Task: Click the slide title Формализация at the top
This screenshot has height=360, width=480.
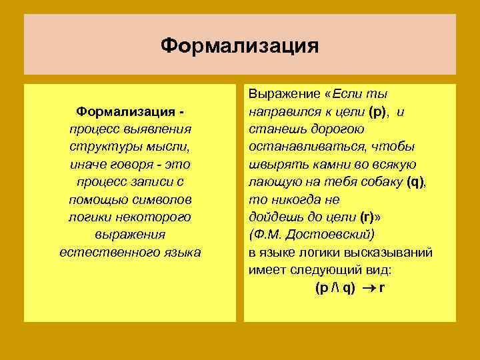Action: [x=240, y=46]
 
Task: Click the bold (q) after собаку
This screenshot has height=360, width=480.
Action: [x=415, y=181]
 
